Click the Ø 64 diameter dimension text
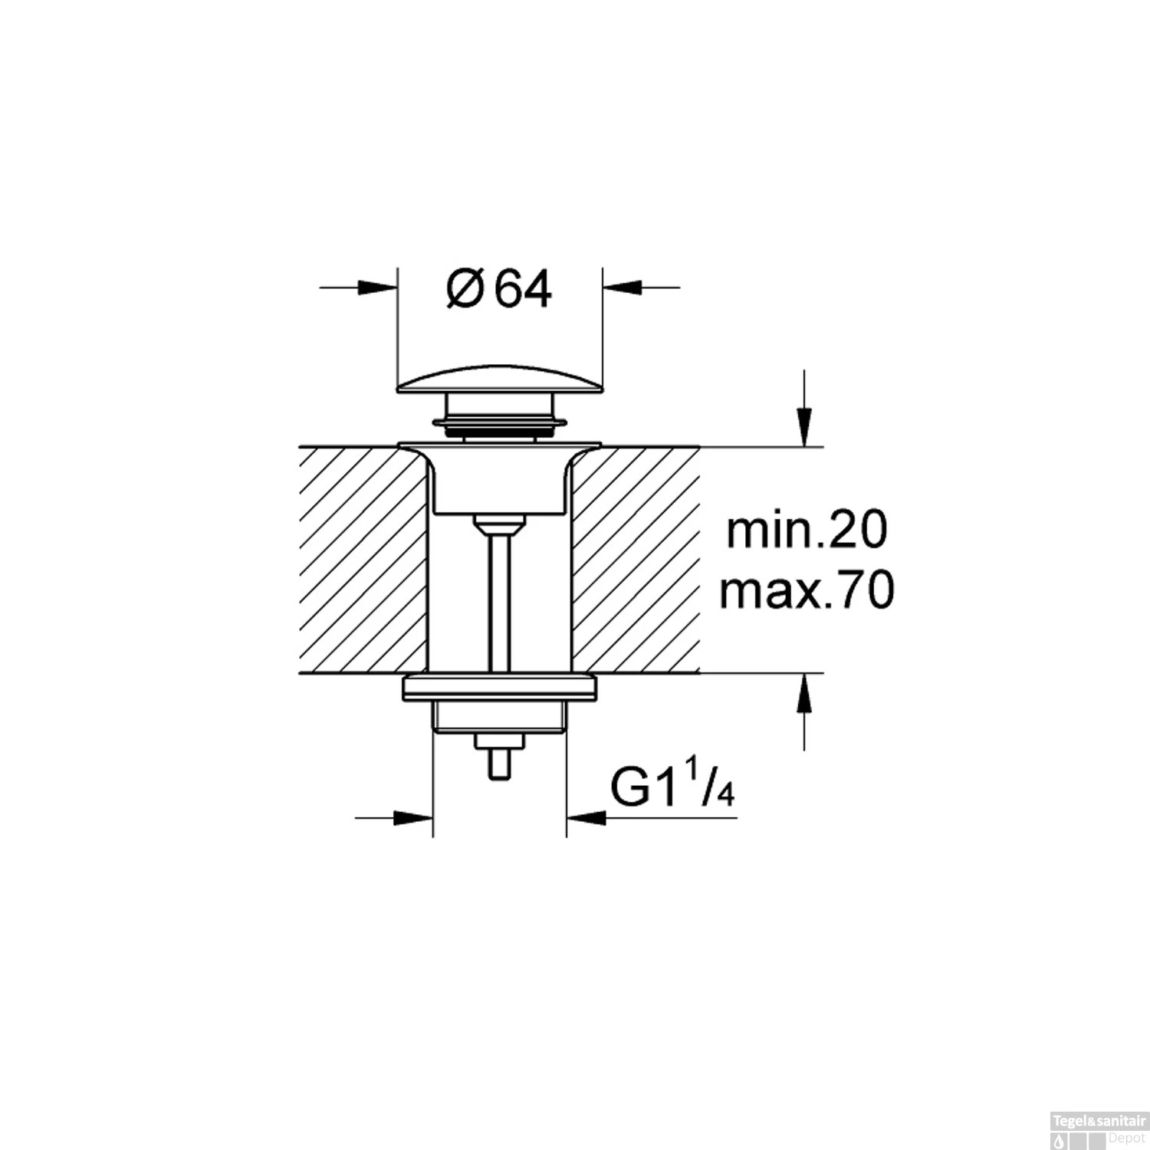[x=499, y=290]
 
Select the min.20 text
[x=806, y=531]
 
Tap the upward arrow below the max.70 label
[x=803, y=693]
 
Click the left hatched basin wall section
[x=360, y=560]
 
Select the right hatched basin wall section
[x=636, y=560]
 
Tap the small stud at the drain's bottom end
[x=500, y=763]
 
